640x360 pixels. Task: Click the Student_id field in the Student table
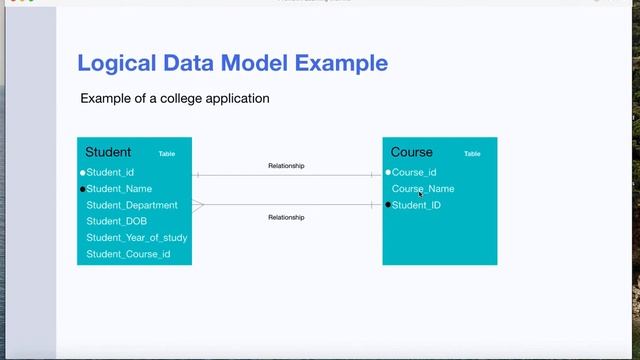[x=110, y=173]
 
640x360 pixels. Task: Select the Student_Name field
[x=119, y=189]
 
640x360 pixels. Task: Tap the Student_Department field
[x=132, y=205]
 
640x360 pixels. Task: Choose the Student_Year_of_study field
[x=137, y=238]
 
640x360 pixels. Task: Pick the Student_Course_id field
[x=128, y=254]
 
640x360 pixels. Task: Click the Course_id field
[x=414, y=173]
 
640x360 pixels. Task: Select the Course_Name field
[x=423, y=189]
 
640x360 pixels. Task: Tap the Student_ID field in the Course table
[x=416, y=205]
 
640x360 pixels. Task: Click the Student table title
[x=108, y=153]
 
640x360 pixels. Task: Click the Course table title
[x=412, y=153]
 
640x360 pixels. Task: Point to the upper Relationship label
[x=286, y=166]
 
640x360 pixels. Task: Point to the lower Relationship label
[x=286, y=217]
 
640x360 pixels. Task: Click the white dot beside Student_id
[x=82, y=173]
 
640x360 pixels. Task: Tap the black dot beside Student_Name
[x=82, y=189]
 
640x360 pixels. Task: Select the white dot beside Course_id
[x=388, y=173]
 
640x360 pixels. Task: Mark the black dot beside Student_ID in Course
[x=388, y=205]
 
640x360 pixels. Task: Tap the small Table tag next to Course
[x=472, y=154]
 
